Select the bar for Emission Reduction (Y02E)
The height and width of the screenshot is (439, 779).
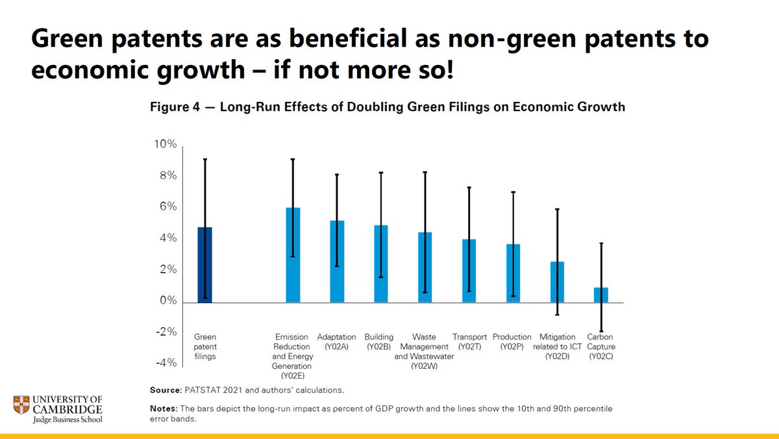[x=293, y=255]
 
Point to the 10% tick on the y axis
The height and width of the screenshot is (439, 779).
[x=164, y=144]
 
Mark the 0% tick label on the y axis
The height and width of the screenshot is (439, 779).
[x=167, y=301]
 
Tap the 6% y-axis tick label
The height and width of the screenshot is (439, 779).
[x=167, y=207]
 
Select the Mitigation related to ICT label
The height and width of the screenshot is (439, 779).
[x=557, y=346]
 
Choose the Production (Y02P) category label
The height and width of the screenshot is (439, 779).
[x=512, y=342]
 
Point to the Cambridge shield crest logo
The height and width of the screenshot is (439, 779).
[x=21, y=408]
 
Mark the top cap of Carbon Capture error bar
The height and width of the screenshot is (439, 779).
[x=601, y=244]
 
